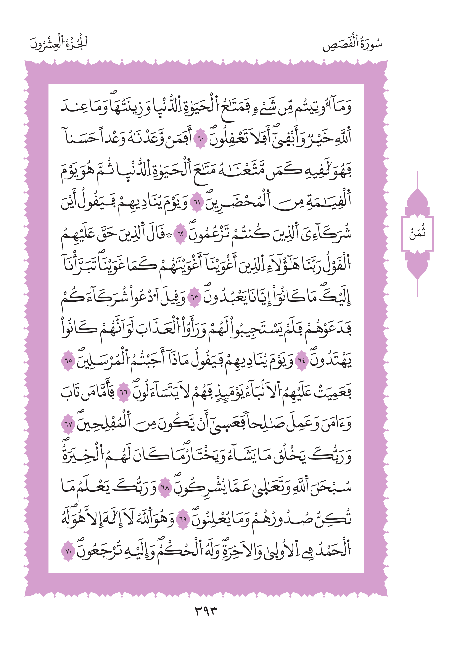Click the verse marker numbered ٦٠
coord(200,139)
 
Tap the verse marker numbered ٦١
coord(197,203)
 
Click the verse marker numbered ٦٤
coord(301,361)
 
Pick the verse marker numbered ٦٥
coord(68,361)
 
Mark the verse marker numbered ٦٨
coord(165,488)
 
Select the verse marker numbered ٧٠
coord(68,551)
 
